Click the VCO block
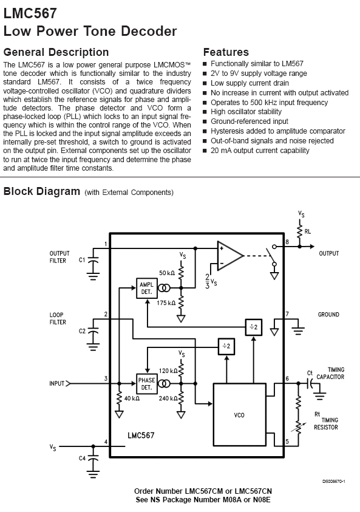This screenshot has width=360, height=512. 239,415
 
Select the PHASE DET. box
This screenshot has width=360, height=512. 146,384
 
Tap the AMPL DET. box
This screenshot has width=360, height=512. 146,288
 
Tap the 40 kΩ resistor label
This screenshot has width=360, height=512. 132,398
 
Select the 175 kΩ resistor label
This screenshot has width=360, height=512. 166,303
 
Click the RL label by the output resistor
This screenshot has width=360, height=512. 307,231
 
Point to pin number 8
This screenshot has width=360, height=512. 287,242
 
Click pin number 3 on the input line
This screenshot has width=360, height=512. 106,378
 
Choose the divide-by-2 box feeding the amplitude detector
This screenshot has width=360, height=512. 254,327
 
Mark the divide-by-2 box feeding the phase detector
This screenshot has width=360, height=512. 226,346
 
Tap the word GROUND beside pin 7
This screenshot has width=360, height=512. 328,315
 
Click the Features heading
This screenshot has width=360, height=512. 226,52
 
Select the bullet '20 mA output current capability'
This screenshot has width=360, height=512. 260,151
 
